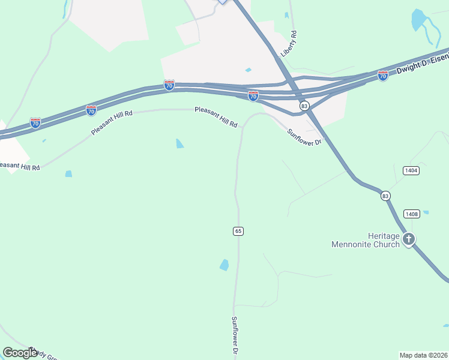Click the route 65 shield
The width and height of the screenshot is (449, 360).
pos(238,231)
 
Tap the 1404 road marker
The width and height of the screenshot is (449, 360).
pos(411,170)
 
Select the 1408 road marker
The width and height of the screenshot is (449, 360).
pos(411,214)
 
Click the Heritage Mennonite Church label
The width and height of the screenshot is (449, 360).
pos(366,240)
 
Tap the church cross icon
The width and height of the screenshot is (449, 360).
pos(409,240)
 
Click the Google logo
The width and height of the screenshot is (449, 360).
pos(20,353)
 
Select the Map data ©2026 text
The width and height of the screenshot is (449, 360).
pos(423,355)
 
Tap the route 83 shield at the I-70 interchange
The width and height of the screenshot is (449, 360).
pos(304,106)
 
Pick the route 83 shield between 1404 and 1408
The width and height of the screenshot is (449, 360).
pos(385,196)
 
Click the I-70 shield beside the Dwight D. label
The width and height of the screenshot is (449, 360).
pos(383,76)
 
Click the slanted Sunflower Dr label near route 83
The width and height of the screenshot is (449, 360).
pos(305,138)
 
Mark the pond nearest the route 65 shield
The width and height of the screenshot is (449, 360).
pos(224,265)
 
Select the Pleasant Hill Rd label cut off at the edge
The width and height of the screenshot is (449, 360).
pos(20,166)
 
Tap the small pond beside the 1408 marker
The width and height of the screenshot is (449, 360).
pos(426,212)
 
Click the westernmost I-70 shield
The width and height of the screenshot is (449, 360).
pos(35,123)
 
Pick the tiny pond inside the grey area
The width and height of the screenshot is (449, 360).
pos(248,70)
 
